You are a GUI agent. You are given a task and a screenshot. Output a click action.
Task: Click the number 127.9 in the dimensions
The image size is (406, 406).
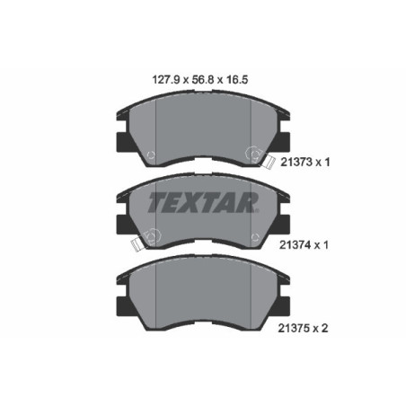click(x=162, y=79)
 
